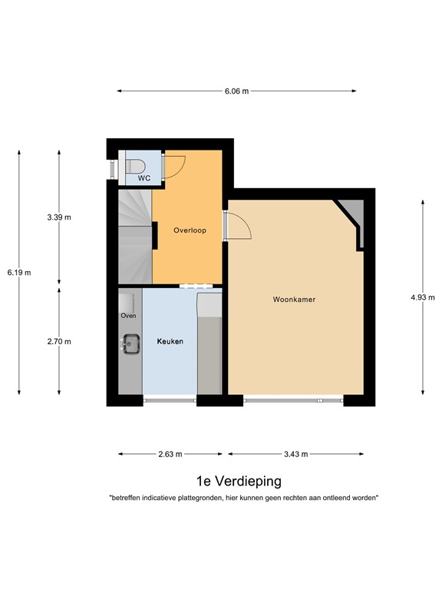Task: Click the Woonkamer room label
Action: [x=295, y=299]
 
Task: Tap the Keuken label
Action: [x=170, y=341]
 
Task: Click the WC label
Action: [x=143, y=178]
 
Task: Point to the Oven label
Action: [x=127, y=316]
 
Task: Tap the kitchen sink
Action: [x=130, y=343]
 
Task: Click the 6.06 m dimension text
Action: [x=237, y=91]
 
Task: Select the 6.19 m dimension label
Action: [x=19, y=273]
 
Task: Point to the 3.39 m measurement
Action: [x=59, y=217]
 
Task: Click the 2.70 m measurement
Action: [x=59, y=341]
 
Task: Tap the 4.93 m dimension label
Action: [x=423, y=298]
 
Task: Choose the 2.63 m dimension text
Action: [x=170, y=454]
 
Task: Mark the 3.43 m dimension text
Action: [x=295, y=454]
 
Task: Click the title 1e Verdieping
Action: [x=239, y=482]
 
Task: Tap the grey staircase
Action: [x=134, y=238]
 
